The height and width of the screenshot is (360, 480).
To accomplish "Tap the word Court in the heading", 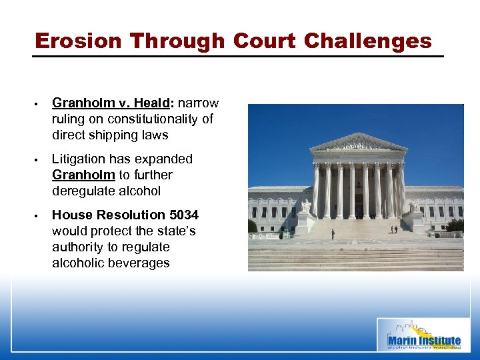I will pyautogui.click(x=265, y=41).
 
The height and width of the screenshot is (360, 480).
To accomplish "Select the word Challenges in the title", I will pyautogui.click(x=367, y=41).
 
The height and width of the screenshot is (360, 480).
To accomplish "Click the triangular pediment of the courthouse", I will pyautogui.click(x=358, y=143).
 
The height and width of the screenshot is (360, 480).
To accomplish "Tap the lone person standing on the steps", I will pyautogui.click(x=332, y=234).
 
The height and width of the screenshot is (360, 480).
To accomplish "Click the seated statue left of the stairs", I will pyautogui.click(x=306, y=206).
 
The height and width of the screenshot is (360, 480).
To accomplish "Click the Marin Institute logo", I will pyautogui.click(x=423, y=334).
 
